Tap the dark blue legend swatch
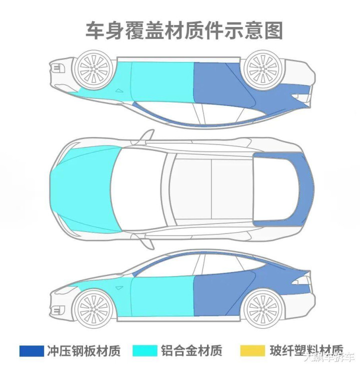pyautogui.click(x=31, y=350)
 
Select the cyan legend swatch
pyautogui.click(x=144, y=350)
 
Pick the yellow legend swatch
pyautogui.click(x=252, y=350)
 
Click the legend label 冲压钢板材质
pyautogui.click(x=84, y=350)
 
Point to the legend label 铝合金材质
pyautogui.click(x=191, y=350)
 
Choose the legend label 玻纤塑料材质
pyautogui.click(x=305, y=350)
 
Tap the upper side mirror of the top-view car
pyautogui.click(x=146, y=136)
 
